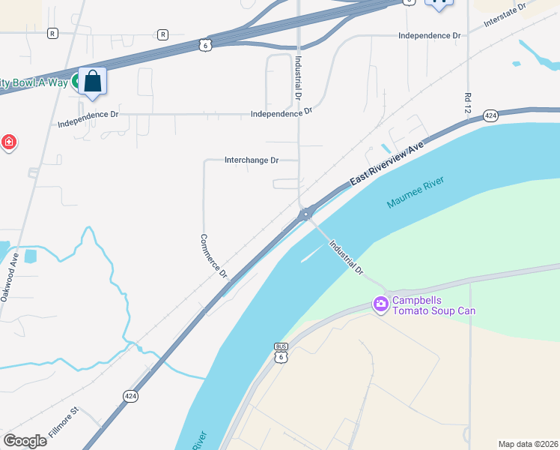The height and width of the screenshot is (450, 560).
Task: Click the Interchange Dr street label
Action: (x=252, y=160)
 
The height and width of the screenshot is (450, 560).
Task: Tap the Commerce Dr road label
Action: (x=213, y=256)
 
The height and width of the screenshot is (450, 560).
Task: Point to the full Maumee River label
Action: (x=416, y=193)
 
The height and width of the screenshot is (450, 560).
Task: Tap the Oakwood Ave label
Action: (x=12, y=267)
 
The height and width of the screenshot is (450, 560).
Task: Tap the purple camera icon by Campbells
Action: (x=380, y=304)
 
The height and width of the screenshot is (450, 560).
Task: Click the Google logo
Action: (x=25, y=440)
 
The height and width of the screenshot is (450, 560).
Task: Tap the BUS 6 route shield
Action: (x=281, y=352)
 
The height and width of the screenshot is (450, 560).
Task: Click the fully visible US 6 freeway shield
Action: (x=207, y=46)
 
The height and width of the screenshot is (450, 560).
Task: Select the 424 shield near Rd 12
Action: (x=490, y=115)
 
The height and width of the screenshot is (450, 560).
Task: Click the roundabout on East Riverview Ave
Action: (x=305, y=214)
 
